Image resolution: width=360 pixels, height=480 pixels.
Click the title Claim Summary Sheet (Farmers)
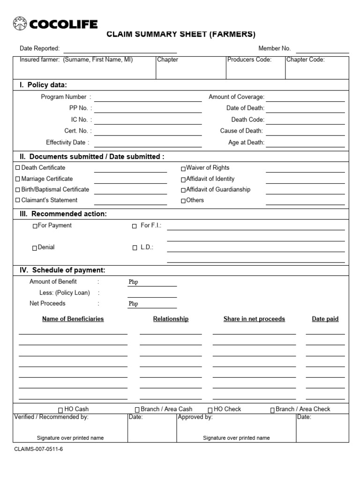pos(181,34)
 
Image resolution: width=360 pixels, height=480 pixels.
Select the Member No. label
pos(275,48)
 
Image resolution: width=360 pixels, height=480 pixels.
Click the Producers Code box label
pos(249,60)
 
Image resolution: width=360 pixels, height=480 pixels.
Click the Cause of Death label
pos(241,131)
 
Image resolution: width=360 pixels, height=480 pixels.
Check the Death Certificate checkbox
pos(18,168)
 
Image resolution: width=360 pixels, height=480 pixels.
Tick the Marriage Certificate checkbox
pos(18,179)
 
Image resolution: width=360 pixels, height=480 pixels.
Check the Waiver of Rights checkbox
pos(183,168)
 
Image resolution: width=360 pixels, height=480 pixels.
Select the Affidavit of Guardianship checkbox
pos(183,190)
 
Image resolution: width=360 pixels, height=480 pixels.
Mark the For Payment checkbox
pos(35,226)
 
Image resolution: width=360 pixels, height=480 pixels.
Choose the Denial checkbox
pos(35,248)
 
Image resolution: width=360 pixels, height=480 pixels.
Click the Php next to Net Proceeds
pos(133,304)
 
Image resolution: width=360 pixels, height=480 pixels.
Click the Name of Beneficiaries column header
pos(73,319)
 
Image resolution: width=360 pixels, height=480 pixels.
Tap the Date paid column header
pos(325,319)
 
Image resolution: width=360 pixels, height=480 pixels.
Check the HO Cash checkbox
pos(60,410)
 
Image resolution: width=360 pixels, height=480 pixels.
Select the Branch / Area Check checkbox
pos(273,410)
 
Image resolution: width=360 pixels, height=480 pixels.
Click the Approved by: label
pos(195,417)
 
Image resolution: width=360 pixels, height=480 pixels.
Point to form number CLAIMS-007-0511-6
pos(38,449)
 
